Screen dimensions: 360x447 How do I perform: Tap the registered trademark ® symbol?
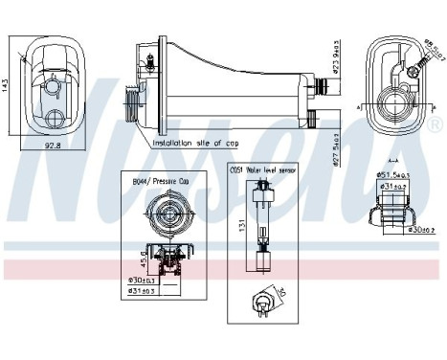point(437,125)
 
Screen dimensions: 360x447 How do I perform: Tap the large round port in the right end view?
point(397,101)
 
